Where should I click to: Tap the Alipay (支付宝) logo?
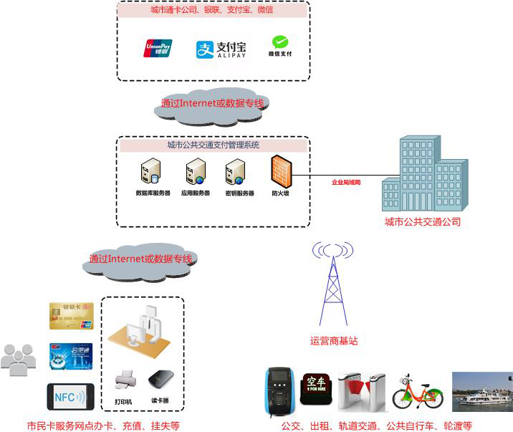221,49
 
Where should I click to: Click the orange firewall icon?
280,172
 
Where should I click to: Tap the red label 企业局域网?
346,183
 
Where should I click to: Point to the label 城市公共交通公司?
423,222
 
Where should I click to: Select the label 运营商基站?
334,341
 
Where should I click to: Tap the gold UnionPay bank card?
72,316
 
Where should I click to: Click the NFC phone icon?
71,396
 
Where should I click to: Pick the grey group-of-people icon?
18,360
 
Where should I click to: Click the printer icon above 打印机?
124,378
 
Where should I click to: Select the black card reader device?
159,379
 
